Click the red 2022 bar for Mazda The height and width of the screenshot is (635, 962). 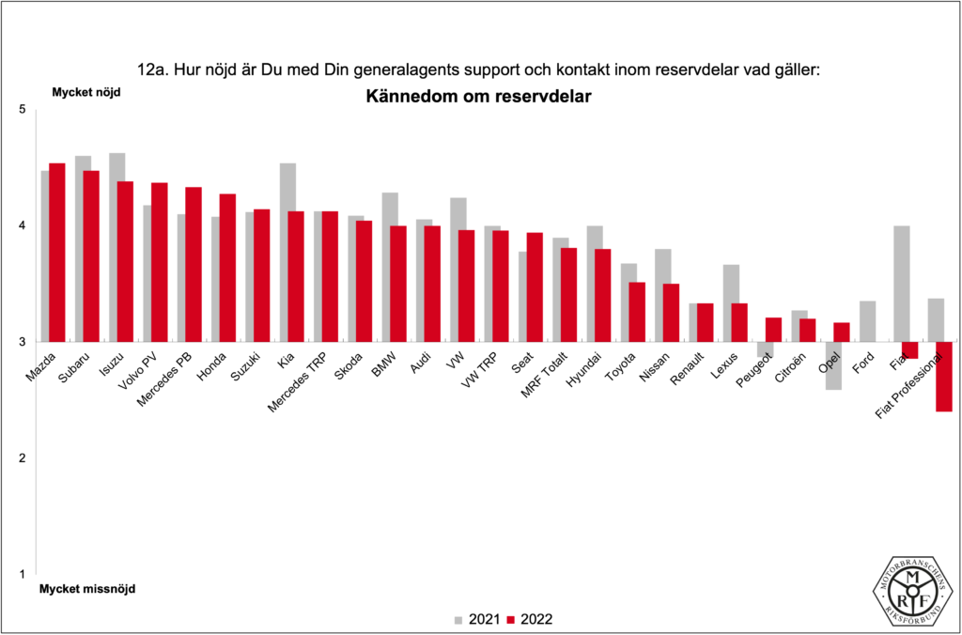click(x=57, y=252)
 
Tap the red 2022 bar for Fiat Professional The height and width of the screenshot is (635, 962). click(x=944, y=376)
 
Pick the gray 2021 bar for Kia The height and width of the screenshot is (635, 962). click(x=287, y=252)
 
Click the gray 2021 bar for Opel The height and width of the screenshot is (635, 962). click(x=833, y=365)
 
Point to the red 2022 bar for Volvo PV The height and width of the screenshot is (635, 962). click(x=160, y=262)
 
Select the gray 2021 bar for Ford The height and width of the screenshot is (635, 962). click(x=867, y=321)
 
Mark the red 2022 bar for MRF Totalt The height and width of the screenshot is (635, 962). click(x=568, y=294)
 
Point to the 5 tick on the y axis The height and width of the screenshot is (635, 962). click(x=22, y=110)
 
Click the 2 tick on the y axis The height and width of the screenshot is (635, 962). click(x=22, y=457)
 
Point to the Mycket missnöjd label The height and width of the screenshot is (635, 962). click(x=86, y=589)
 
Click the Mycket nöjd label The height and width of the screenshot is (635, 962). click(x=80, y=92)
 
